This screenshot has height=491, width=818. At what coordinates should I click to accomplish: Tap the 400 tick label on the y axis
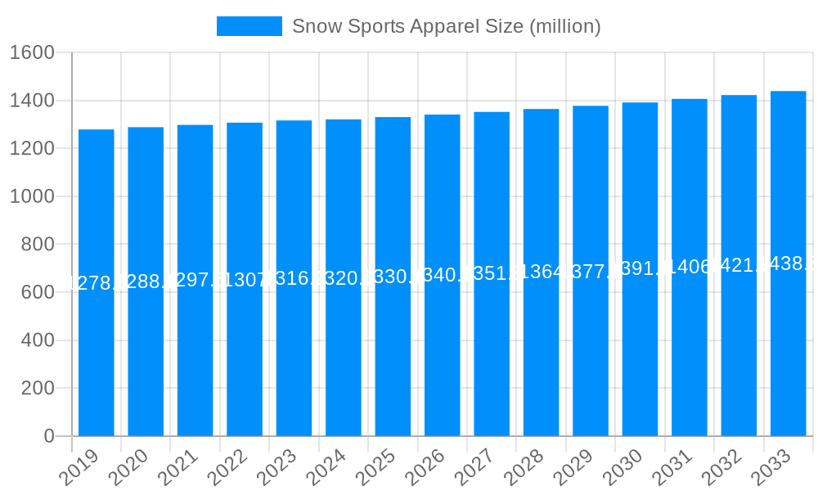(x=38, y=340)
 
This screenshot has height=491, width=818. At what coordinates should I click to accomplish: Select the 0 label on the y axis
(x=49, y=436)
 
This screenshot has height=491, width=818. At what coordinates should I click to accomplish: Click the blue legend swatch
(x=249, y=26)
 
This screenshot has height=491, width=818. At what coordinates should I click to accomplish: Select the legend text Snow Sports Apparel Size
(x=446, y=26)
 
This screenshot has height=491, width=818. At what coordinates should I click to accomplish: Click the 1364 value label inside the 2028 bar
(x=541, y=272)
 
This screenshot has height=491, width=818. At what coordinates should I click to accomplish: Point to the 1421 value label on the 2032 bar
(x=739, y=264)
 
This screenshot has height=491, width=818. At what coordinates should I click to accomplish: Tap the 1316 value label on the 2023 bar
(x=294, y=277)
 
